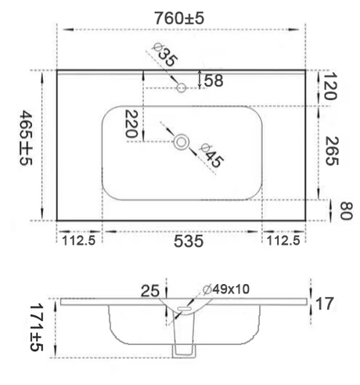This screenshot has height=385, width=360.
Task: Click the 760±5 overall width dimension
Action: coord(179,18)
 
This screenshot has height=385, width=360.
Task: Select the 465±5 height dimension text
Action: coord(26,138)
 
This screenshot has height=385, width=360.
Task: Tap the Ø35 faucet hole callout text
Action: coord(165,55)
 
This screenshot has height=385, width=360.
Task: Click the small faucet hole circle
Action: coord(181,88)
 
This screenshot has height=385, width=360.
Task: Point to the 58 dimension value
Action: coord(214,81)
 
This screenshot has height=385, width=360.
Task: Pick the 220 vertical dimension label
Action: coord(131,124)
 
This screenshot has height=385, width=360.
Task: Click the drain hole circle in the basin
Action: coord(182,142)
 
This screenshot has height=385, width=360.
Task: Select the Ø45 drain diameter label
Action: coord(211,156)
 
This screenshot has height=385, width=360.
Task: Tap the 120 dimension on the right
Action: coord(330,86)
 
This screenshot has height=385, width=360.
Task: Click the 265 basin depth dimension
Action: coord(332,151)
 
